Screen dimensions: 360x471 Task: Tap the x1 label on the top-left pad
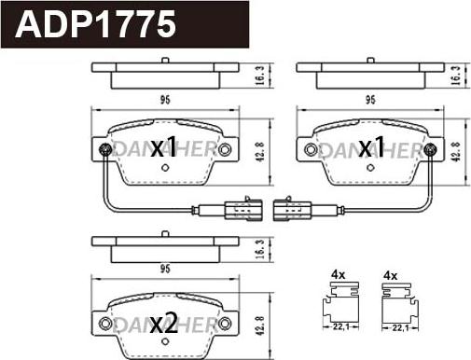pyautogui.click(x=163, y=146)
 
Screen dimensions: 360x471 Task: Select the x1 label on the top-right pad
pyautogui.click(x=371, y=146)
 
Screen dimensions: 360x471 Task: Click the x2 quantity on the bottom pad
pyautogui.click(x=163, y=324)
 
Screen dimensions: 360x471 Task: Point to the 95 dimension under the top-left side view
pyautogui.click(x=163, y=99)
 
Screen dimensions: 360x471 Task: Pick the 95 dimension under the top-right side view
pyautogui.click(x=371, y=99)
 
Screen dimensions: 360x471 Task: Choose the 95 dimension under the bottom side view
pyautogui.click(x=163, y=270)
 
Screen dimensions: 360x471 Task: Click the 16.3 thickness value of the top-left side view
pyautogui.click(x=258, y=72)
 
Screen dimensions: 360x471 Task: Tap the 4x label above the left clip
pyautogui.click(x=338, y=275)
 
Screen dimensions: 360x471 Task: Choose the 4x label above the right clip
pyautogui.click(x=391, y=275)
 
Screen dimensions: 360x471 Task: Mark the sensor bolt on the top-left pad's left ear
pyautogui.click(x=104, y=149)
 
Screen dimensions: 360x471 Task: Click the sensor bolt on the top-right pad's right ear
pyautogui.click(x=429, y=149)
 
